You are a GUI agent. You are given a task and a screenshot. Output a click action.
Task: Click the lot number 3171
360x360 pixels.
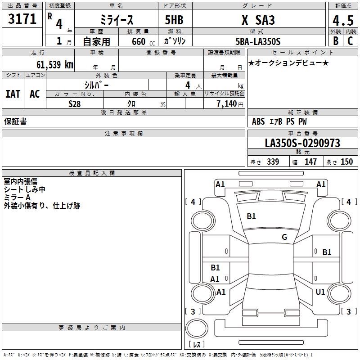click(x=22, y=20)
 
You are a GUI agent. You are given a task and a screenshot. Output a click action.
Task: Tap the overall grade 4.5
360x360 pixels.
click(x=342, y=20)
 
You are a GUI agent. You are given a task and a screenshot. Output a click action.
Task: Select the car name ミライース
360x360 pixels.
click(x=116, y=20)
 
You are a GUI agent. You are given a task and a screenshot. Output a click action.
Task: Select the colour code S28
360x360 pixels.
click(x=74, y=103)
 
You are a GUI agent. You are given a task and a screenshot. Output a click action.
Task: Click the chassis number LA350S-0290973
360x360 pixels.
click(x=302, y=143)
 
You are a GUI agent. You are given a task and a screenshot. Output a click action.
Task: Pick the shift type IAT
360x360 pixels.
click(x=13, y=94)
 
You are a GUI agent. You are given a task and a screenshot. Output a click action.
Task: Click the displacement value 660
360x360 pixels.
click(x=139, y=41)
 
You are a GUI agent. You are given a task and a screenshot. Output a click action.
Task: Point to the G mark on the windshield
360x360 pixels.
click(x=284, y=237)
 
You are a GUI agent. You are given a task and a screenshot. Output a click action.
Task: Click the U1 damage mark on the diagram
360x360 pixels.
click(x=320, y=292)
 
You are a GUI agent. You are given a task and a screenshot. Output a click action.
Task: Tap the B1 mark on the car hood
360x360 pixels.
click(x=251, y=216)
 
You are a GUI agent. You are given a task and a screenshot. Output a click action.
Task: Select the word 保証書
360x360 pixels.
click(x=15, y=121)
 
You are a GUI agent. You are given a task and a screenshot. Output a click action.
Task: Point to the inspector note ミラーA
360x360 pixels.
click(x=17, y=198)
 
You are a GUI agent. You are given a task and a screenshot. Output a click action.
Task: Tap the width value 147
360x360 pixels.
click(x=310, y=162)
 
